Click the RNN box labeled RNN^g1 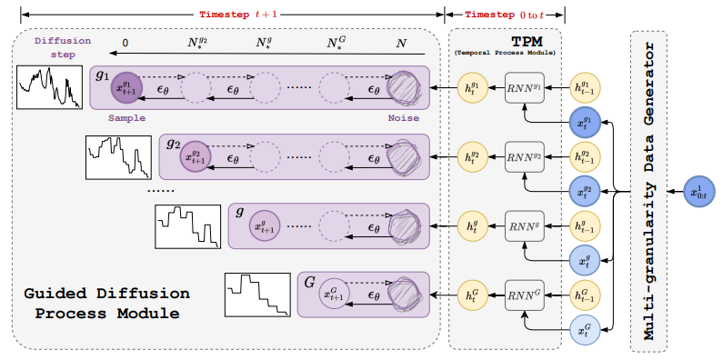[x=524, y=89]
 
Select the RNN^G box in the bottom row [x=524, y=293]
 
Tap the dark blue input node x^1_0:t [x=698, y=193]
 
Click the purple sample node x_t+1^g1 [x=126, y=89]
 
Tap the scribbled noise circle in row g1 [x=404, y=89]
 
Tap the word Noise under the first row [x=403, y=117]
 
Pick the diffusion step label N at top [x=401, y=43]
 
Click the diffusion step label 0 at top [x=125, y=43]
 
